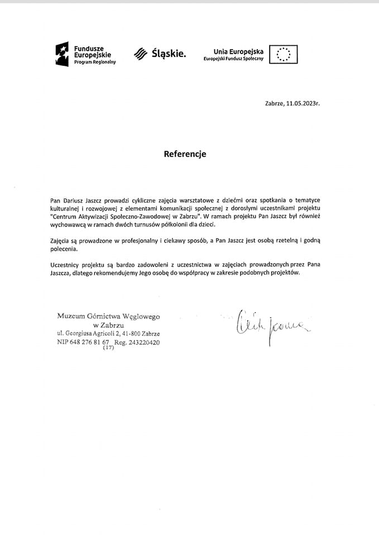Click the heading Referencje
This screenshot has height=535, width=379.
[x=185, y=154]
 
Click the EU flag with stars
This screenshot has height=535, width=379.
[x=284, y=54]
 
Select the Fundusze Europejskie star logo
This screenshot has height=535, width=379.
[x=61, y=52]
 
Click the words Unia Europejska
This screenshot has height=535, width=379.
[x=238, y=51]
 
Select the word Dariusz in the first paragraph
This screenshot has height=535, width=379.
[x=74, y=200]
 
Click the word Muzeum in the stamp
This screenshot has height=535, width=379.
[x=71, y=316]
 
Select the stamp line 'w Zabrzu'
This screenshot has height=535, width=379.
[x=108, y=324]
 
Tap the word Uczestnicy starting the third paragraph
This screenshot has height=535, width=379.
[x=66, y=264]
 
